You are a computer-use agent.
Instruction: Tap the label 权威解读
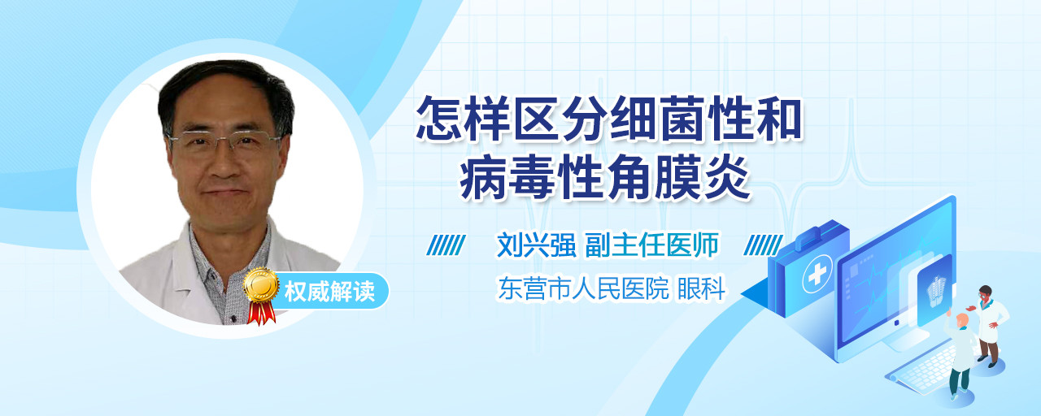click(x=329, y=292)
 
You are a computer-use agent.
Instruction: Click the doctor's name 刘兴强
click(x=536, y=245)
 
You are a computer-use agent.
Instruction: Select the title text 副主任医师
click(x=652, y=245)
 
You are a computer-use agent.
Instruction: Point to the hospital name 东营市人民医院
click(x=584, y=288)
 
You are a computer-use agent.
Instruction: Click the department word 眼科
click(x=701, y=288)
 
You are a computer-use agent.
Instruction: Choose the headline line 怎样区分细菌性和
click(x=609, y=119)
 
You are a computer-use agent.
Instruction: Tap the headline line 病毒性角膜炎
click(x=604, y=178)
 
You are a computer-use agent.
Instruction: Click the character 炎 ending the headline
click(x=727, y=178)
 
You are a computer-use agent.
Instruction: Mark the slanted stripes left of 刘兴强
click(x=446, y=245)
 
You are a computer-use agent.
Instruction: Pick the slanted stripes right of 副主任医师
click(x=763, y=245)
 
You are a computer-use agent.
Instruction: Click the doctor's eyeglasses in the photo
click(x=226, y=141)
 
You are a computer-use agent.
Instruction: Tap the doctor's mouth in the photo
click(x=226, y=192)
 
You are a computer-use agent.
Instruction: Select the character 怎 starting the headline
click(x=438, y=119)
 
